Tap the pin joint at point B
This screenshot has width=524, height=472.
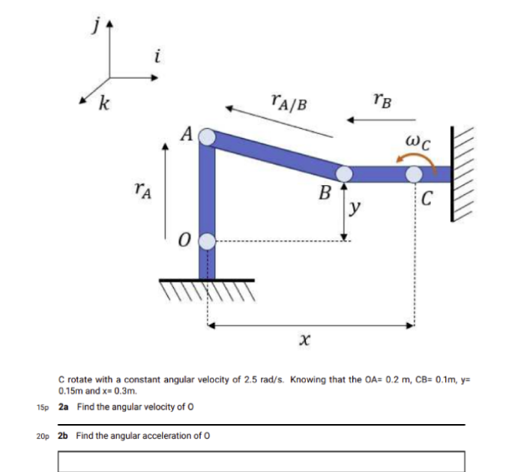tap(344, 174)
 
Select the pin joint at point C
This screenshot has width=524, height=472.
tap(414, 174)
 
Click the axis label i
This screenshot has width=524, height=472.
tap(155, 56)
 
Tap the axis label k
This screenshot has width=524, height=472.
tap(102, 104)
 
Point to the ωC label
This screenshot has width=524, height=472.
tap(417, 140)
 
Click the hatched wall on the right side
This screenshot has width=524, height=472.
tap(463, 174)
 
